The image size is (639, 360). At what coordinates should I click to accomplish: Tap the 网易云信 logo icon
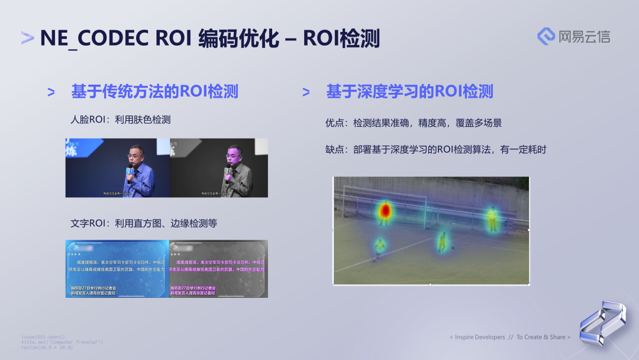click(546, 36)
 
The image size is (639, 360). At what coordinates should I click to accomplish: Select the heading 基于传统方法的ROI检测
click(154, 91)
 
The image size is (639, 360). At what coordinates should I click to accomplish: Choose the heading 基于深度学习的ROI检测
click(409, 91)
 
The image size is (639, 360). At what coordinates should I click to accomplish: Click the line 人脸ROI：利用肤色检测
click(121, 120)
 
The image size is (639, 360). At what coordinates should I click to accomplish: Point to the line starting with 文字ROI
click(144, 223)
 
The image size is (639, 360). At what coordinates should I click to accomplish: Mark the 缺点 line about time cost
click(435, 150)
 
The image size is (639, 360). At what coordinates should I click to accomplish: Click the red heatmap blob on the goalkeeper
click(385, 210)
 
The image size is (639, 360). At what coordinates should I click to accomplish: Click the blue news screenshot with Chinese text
click(117, 268)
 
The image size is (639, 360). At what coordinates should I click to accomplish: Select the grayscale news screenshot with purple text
click(218, 268)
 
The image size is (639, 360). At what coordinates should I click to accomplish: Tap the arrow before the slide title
click(27, 38)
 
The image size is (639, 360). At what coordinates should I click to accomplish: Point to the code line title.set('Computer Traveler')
click(62, 342)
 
